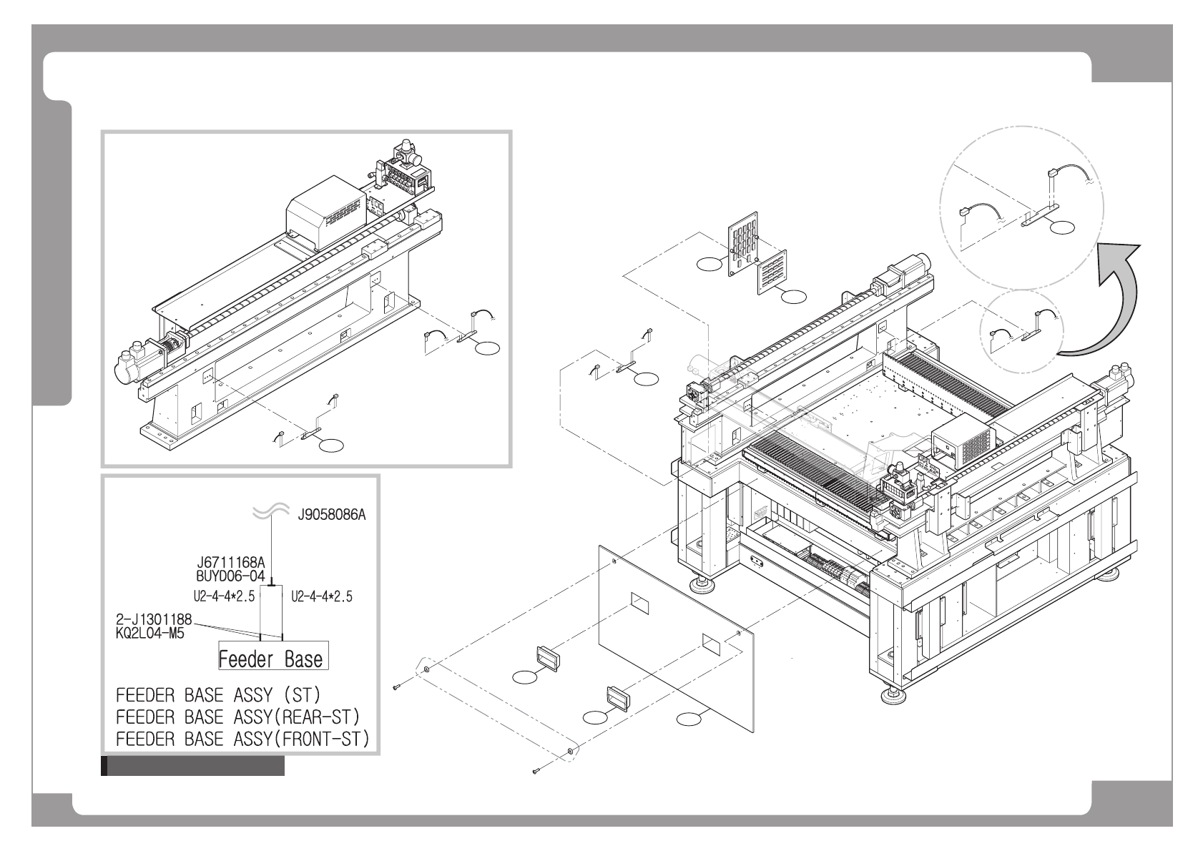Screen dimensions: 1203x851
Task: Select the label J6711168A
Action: point(231,564)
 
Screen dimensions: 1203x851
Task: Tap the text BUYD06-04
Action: point(230,575)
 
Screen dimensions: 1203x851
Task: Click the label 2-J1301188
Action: point(154,619)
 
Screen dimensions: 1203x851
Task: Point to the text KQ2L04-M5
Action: point(149,632)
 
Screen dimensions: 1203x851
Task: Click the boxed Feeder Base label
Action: point(272,657)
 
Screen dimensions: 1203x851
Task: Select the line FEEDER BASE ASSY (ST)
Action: point(218,695)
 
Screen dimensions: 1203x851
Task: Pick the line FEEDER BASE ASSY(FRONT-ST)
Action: point(242,739)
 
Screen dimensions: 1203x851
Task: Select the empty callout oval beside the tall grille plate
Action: point(709,265)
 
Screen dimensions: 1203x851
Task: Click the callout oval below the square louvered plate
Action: point(794,295)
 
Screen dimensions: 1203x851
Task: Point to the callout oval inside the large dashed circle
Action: point(1062,228)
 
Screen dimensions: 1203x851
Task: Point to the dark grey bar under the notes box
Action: point(193,767)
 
